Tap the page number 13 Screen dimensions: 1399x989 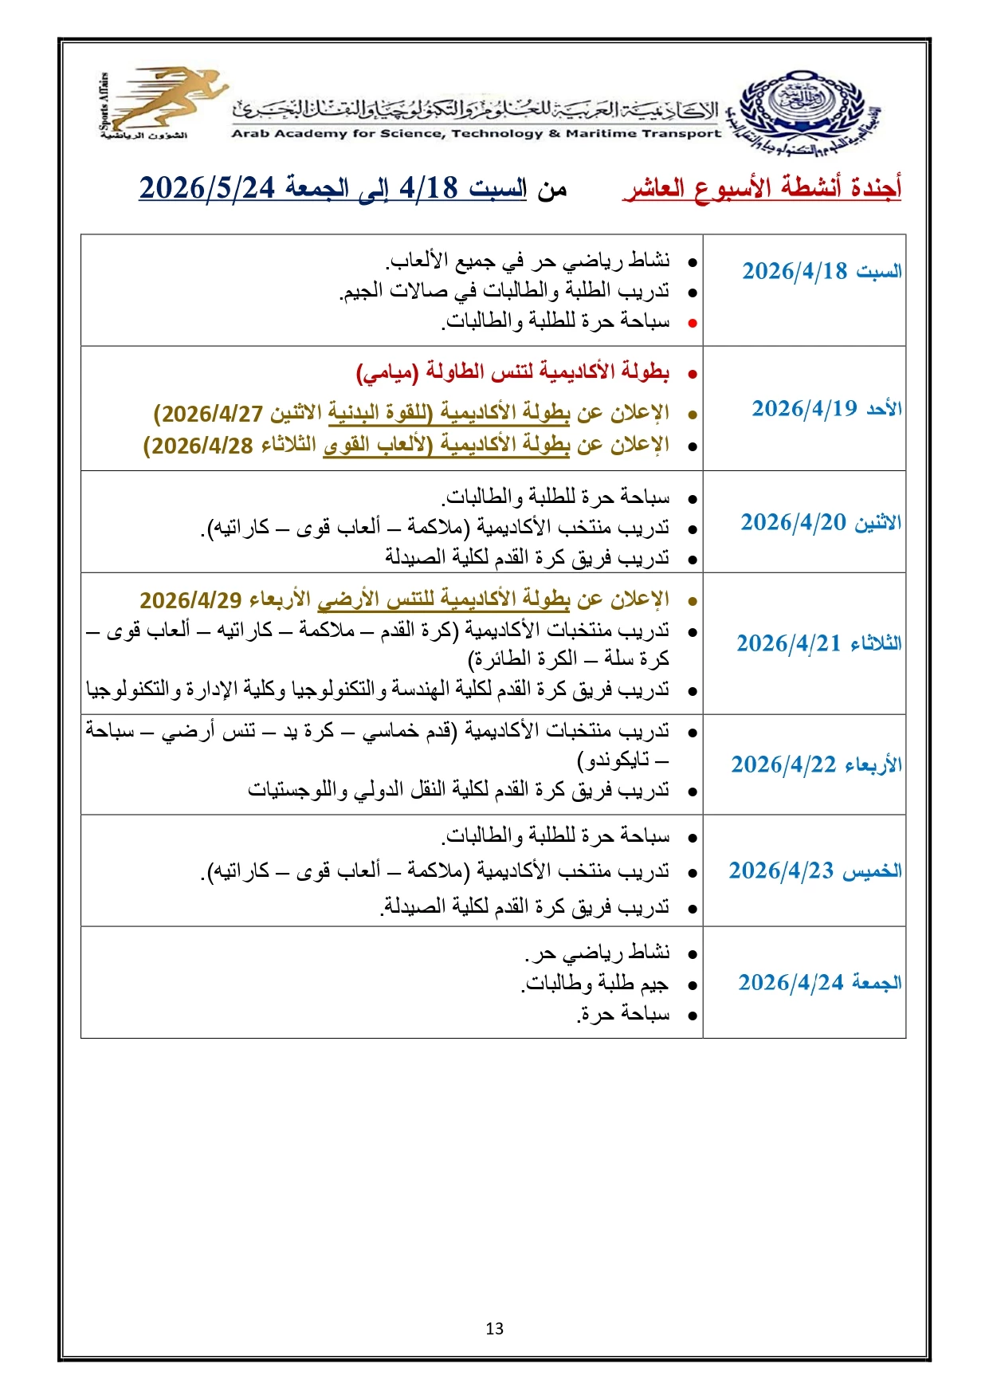click(x=494, y=1328)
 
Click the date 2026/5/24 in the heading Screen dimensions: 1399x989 click(x=207, y=188)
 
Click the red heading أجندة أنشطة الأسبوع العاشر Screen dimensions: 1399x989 click(x=762, y=189)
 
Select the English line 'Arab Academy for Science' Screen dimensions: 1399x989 click(x=476, y=134)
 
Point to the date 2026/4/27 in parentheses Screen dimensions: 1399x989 click(x=212, y=414)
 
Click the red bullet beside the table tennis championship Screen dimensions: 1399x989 click(x=693, y=373)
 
